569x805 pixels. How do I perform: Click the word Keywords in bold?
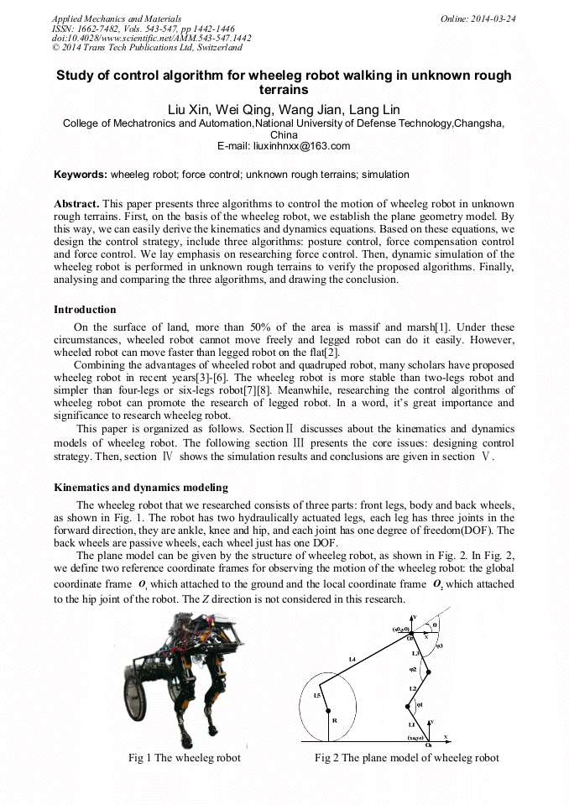(x=80, y=175)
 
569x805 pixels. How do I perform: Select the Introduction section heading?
(x=85, y=310)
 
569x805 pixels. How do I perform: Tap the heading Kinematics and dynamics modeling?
(x=140, y=488)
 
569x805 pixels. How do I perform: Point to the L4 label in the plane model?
(x=353, y=661)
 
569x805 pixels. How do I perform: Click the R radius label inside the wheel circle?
(x=335, y=720)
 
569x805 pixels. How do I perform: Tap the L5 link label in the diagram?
(x=316, y=695)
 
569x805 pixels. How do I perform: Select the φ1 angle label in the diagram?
(x=420, y=705)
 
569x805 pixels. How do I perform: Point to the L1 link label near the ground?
(x=411, y=724)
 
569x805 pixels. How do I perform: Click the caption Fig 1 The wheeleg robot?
(x=184, y=758)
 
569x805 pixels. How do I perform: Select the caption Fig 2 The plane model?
(x=406, y=758)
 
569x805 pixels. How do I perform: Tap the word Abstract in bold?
(x=76, y=204)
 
